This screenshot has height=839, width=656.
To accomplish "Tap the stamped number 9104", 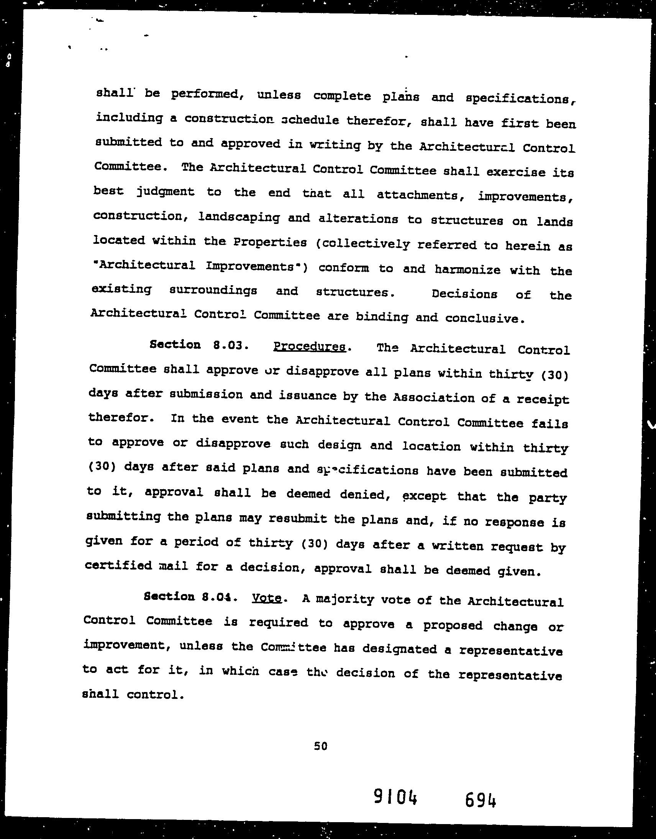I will [x=396, y=797].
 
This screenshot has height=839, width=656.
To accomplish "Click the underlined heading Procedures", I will [x=310, y=347].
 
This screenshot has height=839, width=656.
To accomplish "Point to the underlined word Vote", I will [x=267, y=599].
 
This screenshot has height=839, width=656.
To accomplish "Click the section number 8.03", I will [x=229, y=345].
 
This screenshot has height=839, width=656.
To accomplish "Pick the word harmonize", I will [x=467, y=270].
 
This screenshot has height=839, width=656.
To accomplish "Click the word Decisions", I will [x=464, y=294].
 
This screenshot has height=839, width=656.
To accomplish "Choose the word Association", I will [x=434, y=398].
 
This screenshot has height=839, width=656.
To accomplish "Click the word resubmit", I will [x=298, y=519].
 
